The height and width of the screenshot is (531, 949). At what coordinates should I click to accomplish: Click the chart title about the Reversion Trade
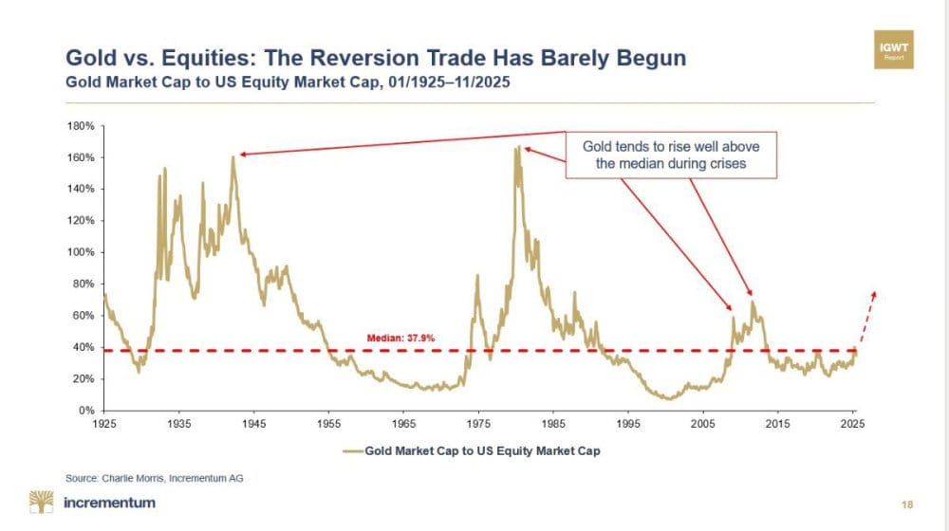375,59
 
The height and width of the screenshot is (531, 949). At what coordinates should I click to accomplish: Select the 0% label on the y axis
84,411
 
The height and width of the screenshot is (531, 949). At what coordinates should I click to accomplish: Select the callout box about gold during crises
671,155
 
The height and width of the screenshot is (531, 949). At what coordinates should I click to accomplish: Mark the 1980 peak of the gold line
517,147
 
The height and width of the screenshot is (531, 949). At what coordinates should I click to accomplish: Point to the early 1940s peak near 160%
232,156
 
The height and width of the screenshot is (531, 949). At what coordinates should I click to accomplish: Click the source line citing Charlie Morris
154,478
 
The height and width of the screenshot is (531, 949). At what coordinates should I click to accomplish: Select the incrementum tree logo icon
42,502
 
